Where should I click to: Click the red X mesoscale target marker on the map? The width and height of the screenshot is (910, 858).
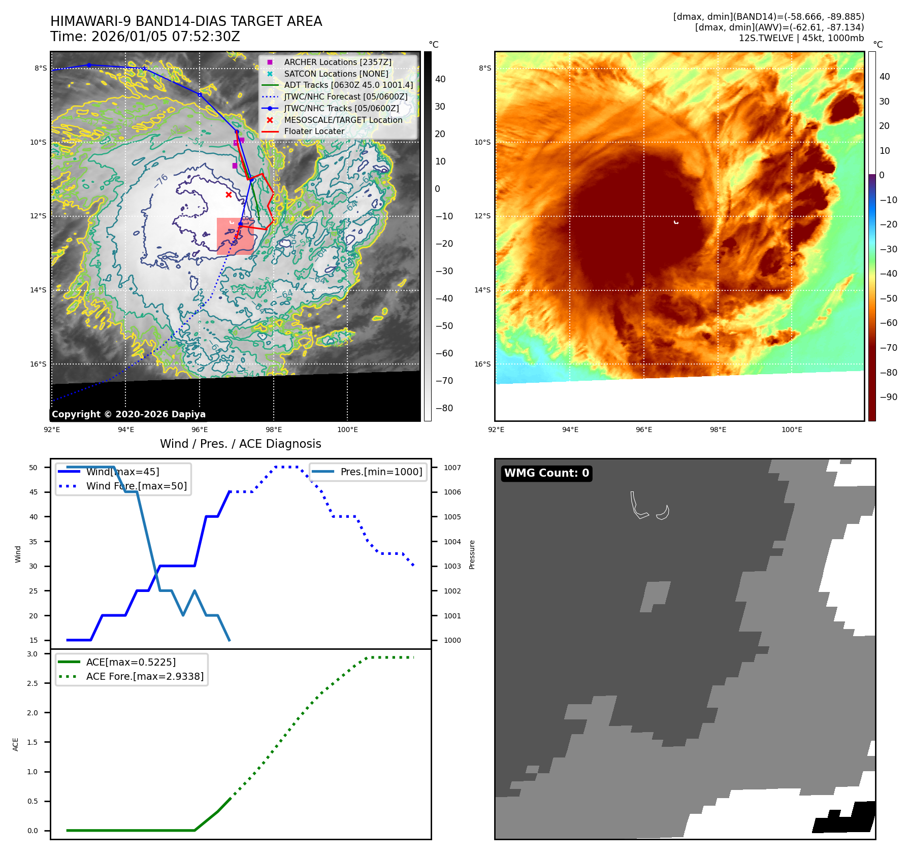(229, 194)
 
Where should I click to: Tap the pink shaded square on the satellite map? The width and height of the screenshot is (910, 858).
(235, 236)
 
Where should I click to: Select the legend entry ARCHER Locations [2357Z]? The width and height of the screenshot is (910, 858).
(338, 62)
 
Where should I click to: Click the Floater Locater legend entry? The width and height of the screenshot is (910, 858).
(314, 131)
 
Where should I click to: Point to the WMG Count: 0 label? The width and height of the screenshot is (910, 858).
(546, 473)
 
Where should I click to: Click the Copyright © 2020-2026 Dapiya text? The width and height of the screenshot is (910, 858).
(128, 414)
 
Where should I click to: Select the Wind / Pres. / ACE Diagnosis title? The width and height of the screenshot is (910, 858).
(240, 444)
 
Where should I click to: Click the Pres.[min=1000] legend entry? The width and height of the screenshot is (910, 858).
(381, 472)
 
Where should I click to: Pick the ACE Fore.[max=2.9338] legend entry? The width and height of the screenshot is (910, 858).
(145, 676)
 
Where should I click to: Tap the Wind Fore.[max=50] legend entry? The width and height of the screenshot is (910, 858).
(136, 486)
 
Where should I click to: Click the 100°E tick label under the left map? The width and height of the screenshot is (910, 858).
(347, 430)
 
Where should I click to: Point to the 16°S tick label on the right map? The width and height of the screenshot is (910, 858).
(482, 364)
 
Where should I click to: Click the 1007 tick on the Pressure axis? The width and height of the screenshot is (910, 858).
(452, 468)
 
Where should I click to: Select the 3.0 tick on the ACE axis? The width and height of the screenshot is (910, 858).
(32, 654)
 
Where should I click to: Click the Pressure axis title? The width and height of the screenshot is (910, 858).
(472, 554)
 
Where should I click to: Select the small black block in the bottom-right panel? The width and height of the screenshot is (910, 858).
(846, 818)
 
